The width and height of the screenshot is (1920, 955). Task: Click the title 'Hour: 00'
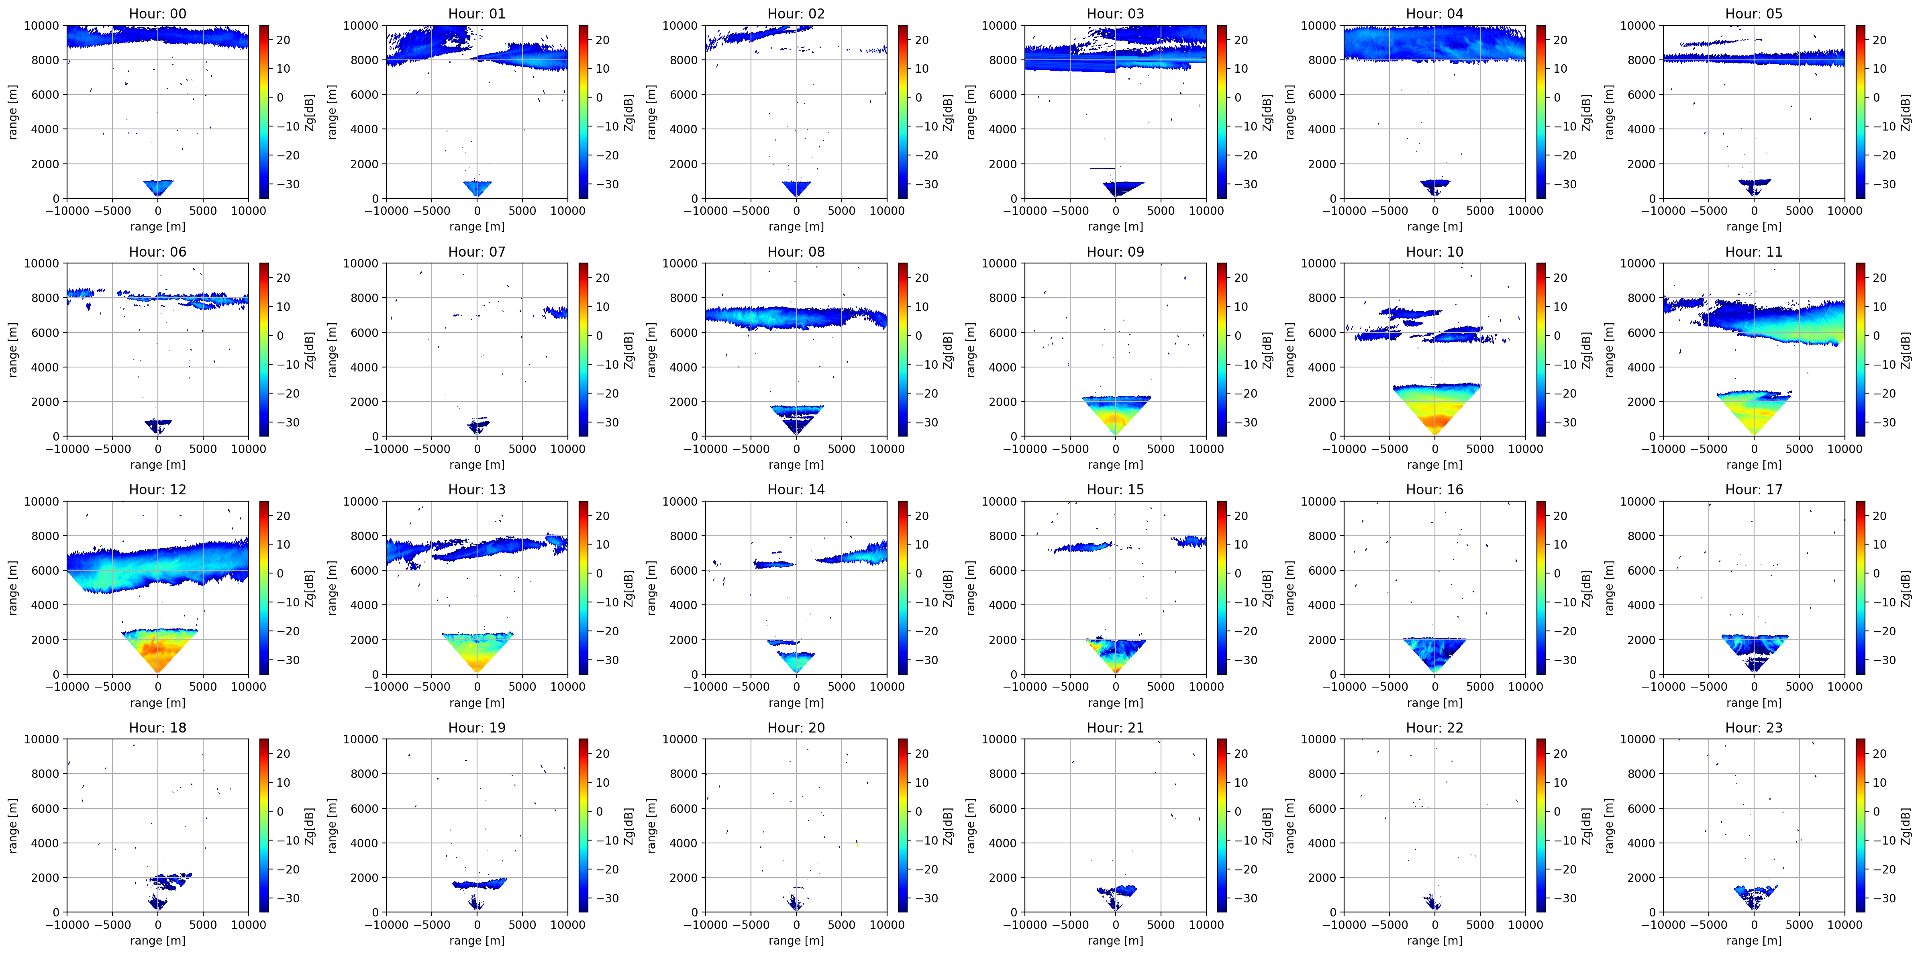(x=157, y=13)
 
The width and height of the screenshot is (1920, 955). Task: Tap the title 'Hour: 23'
(x=1754, y=727)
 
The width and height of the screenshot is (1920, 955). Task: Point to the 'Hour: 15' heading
(x=1115, y=489)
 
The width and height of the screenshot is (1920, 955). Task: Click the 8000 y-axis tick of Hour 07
(x=365, y=298)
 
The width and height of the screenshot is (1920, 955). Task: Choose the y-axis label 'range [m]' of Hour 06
(x=13, y=350)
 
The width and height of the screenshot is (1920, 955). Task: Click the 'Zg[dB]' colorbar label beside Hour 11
(x=1906, y=350)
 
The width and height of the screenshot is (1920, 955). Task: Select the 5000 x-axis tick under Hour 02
(x=841, y=210)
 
